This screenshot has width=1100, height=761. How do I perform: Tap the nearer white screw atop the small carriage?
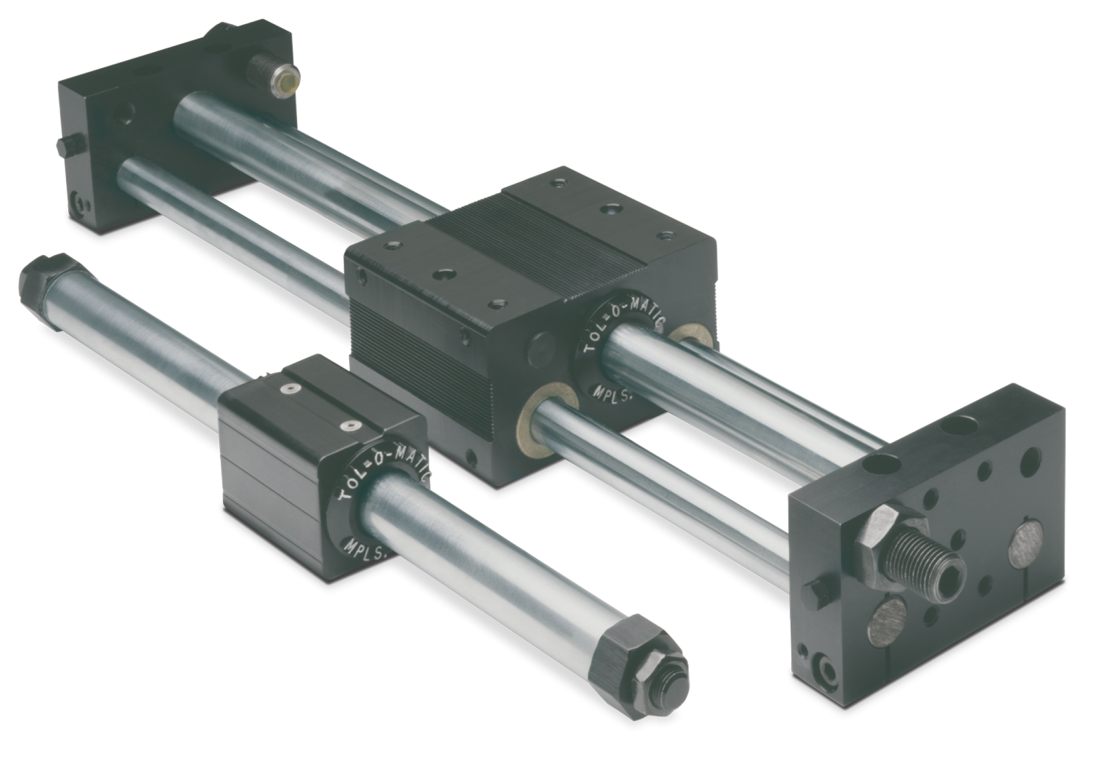click(352, 426)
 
